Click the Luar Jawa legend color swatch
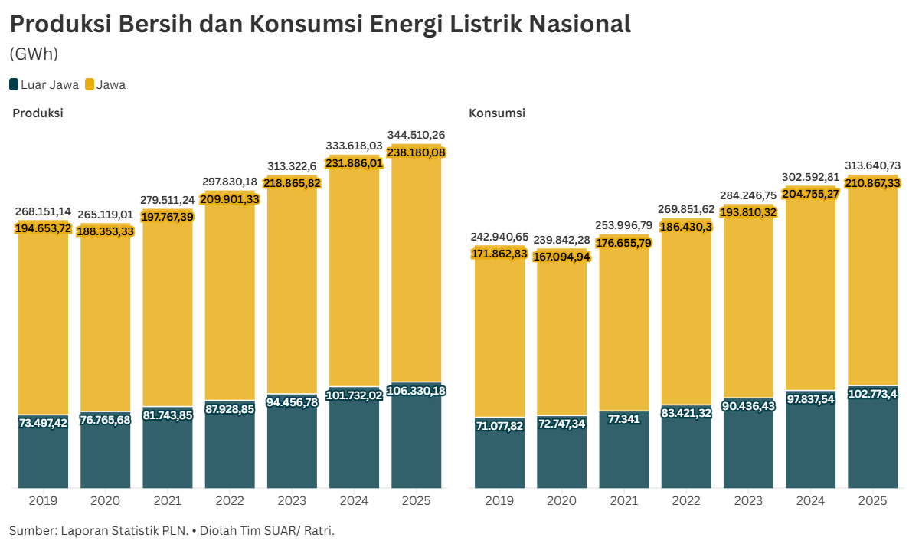point(14,85)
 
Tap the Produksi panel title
point(38,113)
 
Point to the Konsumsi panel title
point(497,113)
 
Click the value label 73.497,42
point(43,423)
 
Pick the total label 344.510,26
point(417,135)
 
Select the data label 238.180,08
point(417,152)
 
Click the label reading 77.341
point(623,421)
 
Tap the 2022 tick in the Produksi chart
point(230,501)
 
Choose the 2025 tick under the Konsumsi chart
point(872,501)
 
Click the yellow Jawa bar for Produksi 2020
point(105,322)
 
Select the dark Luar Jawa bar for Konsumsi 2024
point(810,444)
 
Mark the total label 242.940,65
point(499,237)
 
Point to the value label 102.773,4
point(872,394)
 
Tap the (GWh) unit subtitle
point(34,54)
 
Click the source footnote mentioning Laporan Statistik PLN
point(172,530)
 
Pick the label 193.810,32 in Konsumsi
point(748,211)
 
